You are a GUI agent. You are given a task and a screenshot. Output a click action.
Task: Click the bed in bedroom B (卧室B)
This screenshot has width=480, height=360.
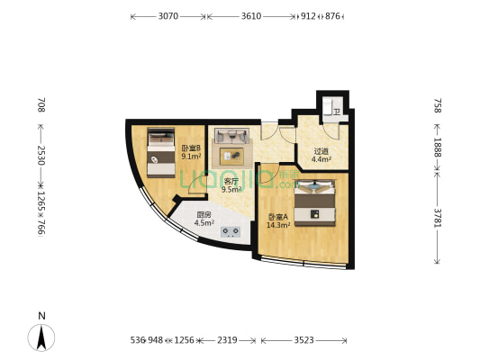click(x=161, y=152)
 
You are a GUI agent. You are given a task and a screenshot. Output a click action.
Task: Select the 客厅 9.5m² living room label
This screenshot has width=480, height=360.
click(x=231, y=185)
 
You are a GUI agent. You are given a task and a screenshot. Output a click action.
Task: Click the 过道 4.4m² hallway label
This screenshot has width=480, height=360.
click(x=321, y=155)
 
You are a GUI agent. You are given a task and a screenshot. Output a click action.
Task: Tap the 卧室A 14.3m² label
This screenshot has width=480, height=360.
click(x=277, y=220)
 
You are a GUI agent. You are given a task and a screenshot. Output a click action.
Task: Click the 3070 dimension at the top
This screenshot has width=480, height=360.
click(x=168, y=16)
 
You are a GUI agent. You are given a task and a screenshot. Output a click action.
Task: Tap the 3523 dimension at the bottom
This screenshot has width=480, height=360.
click(x=303, y=340)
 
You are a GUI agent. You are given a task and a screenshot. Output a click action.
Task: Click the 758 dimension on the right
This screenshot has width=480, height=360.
click(x=438, y=106)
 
